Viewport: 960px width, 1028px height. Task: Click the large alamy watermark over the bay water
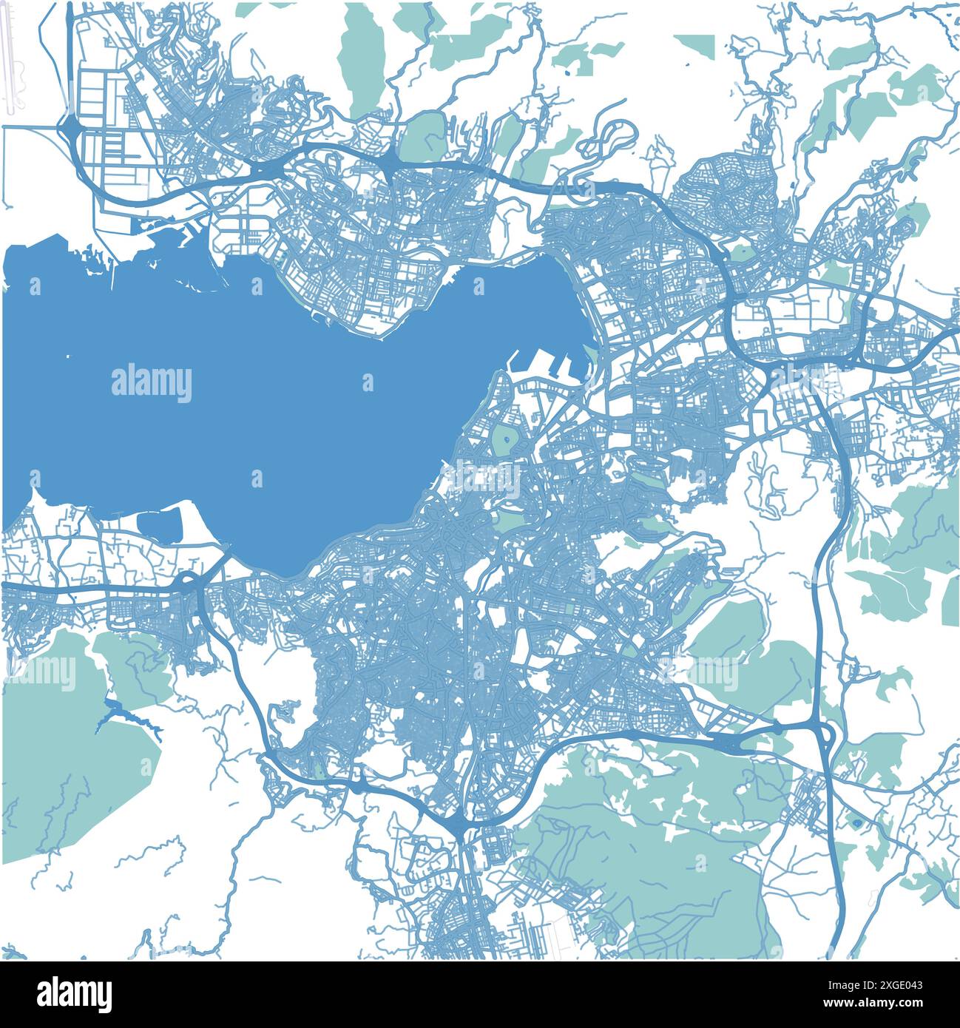(152, 383)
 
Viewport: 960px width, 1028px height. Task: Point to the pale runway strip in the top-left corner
(10, 59)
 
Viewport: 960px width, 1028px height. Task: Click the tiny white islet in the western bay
(67, 357)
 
